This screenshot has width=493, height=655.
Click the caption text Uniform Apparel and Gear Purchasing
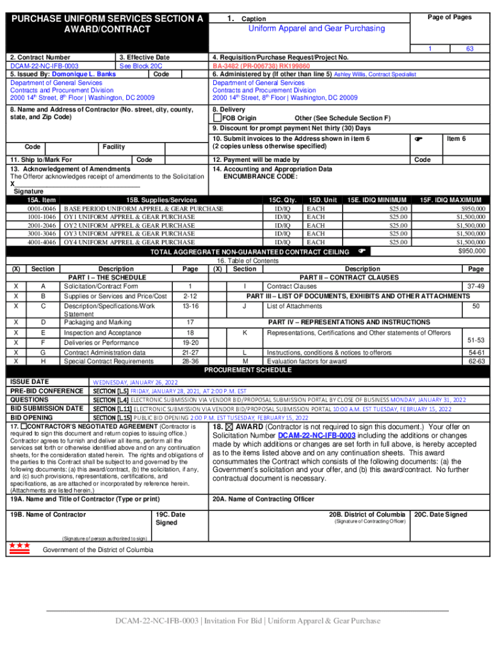click(x=316, y=28)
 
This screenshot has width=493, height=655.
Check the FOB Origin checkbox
click(x=217, y=118)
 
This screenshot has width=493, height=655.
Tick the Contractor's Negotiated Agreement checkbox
click(x=24, y=426)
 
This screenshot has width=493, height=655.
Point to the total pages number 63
click(x=471, y=49)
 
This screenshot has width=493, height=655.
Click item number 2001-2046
click(x=42, y=225)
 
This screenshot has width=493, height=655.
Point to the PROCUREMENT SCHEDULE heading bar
click(x=247, y=370)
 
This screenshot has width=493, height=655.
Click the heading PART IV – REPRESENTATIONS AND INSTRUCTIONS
click(x=349, y=322)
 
